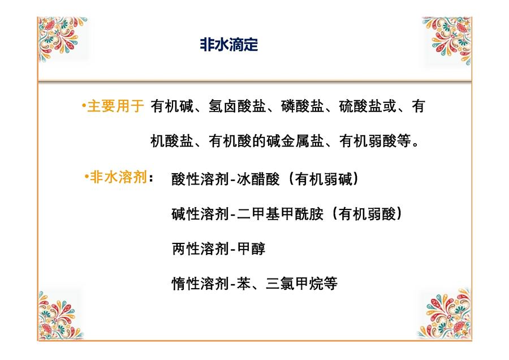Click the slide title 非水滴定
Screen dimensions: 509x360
[x=229, y=45]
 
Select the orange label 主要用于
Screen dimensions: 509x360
[x=115, y=106]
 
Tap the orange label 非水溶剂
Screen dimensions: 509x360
[x=118, y=177]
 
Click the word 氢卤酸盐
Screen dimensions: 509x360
[x=238, y=106]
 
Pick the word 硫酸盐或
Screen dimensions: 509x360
[x=368, y=106]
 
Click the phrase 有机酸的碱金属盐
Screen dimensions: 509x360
[x=266, y=141]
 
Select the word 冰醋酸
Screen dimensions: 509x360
[x=258, y=179]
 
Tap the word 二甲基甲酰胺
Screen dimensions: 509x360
[x=281, y=214]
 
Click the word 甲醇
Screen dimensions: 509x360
[x=251, y=249]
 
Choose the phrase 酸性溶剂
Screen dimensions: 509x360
[x=200, y=179]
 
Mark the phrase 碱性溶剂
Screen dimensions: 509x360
[x=200, y=214]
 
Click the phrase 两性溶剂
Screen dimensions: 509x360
[x=200, y=249]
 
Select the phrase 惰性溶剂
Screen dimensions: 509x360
[x=200, y=284]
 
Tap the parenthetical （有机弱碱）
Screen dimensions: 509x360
[x=323, y=179]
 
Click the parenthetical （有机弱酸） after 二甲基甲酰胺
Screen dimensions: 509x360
[x=367, y=214]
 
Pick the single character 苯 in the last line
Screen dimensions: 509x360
[x=244, y=284]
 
